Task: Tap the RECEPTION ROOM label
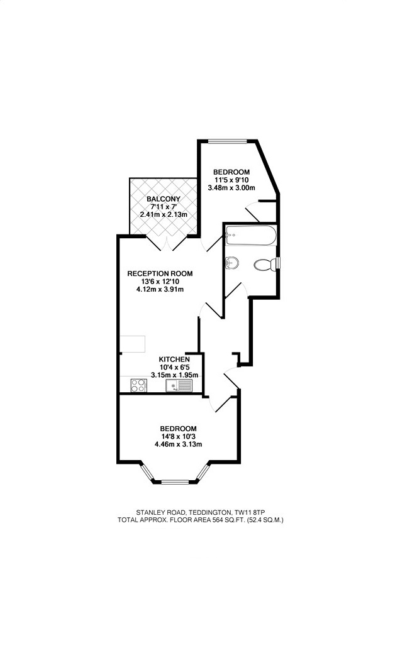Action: click(x=160, y=273)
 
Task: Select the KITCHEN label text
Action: click(x=174, y=359)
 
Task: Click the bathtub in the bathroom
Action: click(x=250, y=237)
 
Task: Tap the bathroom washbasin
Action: click(x=231, y=262)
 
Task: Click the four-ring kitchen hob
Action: click(x=138, y=386)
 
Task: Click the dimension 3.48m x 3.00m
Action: click(x=231, y=187)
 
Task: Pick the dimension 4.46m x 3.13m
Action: click(x=178, y=444)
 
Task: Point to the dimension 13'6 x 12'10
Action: click(x=160, y=282)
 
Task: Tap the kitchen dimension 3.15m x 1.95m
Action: click(x=174, y=375)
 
